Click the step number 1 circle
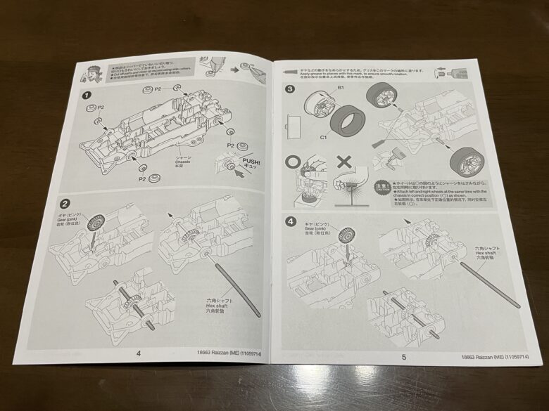click(x=87, y=96)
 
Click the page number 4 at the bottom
click(x=137, y=353)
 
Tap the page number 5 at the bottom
click(x=404, y=357)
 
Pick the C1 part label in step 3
click(x=325, y=138)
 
